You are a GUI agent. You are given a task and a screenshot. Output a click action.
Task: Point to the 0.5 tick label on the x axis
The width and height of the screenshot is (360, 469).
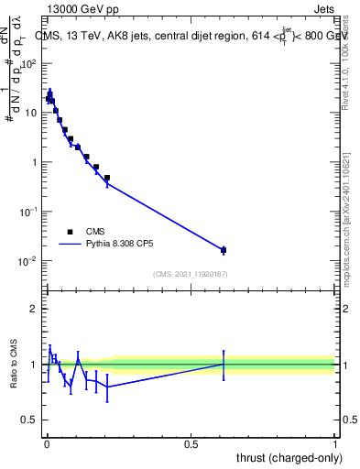tap(191, 444)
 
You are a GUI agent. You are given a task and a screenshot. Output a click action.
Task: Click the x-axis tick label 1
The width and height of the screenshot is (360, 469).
tap(335, 444)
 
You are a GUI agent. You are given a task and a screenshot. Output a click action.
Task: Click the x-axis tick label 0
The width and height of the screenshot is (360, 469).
tap(47, 444)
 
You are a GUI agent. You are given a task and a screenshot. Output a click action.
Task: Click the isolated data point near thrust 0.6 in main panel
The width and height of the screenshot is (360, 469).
tap(224, 249)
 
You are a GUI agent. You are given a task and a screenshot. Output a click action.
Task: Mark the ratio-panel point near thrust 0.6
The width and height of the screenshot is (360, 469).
tap(224, 364)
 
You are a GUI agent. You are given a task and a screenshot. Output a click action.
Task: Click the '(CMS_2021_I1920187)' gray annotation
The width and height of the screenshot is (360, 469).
tap(191, 273)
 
